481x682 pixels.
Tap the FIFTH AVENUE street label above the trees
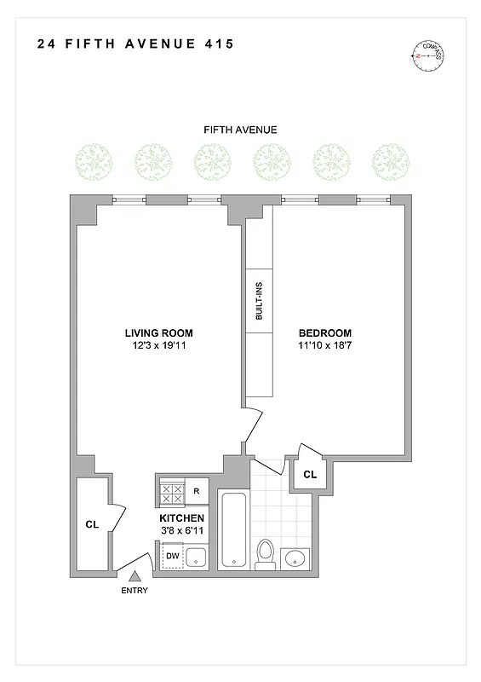240,130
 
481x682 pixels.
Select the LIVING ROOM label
158,332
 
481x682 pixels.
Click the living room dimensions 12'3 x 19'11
158,346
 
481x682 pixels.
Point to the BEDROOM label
324,332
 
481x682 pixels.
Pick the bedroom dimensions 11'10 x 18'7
324,346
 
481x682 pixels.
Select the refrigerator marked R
197,491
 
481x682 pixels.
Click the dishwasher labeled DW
172,556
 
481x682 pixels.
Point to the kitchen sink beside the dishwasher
197,558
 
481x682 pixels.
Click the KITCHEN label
182,518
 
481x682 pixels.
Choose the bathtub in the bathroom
233,529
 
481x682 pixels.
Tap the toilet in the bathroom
266,554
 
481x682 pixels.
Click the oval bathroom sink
295,558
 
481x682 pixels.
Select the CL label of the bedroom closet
310,474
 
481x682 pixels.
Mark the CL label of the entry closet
92,525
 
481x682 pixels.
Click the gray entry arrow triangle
134,578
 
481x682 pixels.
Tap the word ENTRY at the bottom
135,591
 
